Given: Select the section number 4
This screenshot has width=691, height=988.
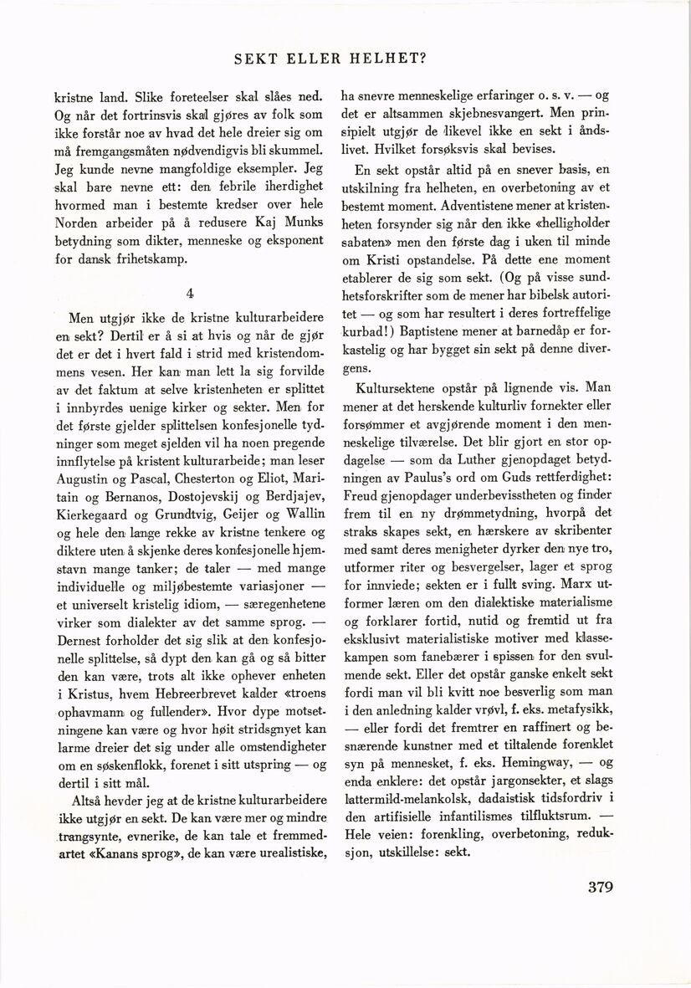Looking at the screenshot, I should (x=192, y=294).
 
